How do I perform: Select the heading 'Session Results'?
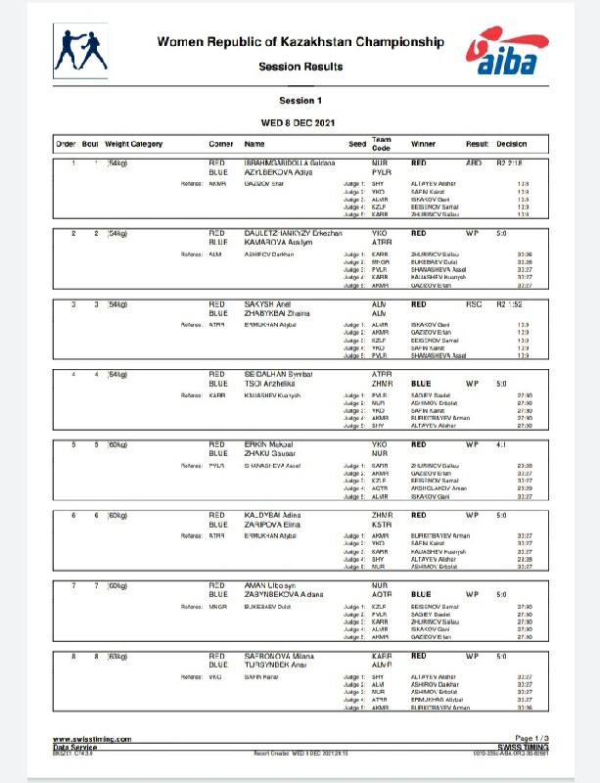pyautogui.click(x=300, y=67)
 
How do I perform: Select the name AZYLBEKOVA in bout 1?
pyautogui.click(x=272, y=171)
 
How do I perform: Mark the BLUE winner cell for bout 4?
pyautogui.click(x=422, y=384)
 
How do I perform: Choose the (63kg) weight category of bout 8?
pyautogui.click(x=117, y=655)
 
